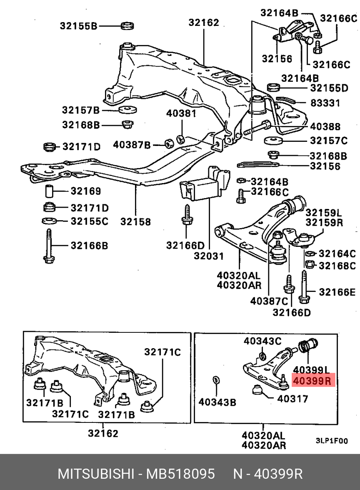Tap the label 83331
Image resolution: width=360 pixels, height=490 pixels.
coord(325,103)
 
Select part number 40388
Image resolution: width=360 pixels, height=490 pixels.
coord(325,126)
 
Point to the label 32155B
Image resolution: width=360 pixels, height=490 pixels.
coord(78,26)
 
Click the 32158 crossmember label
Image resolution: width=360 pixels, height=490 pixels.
coord(136,221)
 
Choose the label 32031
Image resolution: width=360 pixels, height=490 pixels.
coord(208,256)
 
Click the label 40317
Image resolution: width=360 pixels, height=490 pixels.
coord(293,399)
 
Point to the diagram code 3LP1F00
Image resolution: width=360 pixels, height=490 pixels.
coord(331,441)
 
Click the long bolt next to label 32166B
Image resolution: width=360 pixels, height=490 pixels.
coord(49,246)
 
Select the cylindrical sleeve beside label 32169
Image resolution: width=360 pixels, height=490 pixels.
coord(50,191)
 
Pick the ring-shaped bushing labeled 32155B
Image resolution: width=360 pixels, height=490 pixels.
coord(127,26)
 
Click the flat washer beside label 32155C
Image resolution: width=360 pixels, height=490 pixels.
coord(50,221)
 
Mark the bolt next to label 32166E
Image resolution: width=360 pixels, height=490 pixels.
coord(304,288)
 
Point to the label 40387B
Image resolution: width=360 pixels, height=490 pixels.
coord(132,145)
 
